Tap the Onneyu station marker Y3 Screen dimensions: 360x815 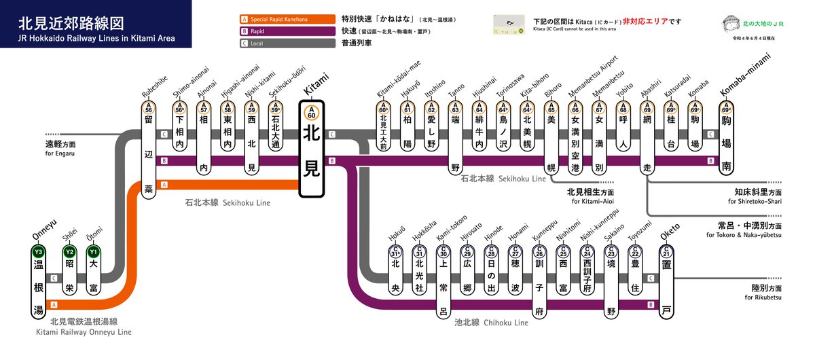point(38,253)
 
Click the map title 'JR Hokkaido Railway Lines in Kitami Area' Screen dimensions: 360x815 point(96,39)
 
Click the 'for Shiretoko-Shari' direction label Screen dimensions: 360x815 point(755,201)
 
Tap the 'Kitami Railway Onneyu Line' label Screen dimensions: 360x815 point(84,332)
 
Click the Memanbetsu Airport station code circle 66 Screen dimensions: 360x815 point(575,108)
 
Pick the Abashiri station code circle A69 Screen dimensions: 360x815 point(647,108)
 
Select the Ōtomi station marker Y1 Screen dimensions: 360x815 point(93,253)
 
